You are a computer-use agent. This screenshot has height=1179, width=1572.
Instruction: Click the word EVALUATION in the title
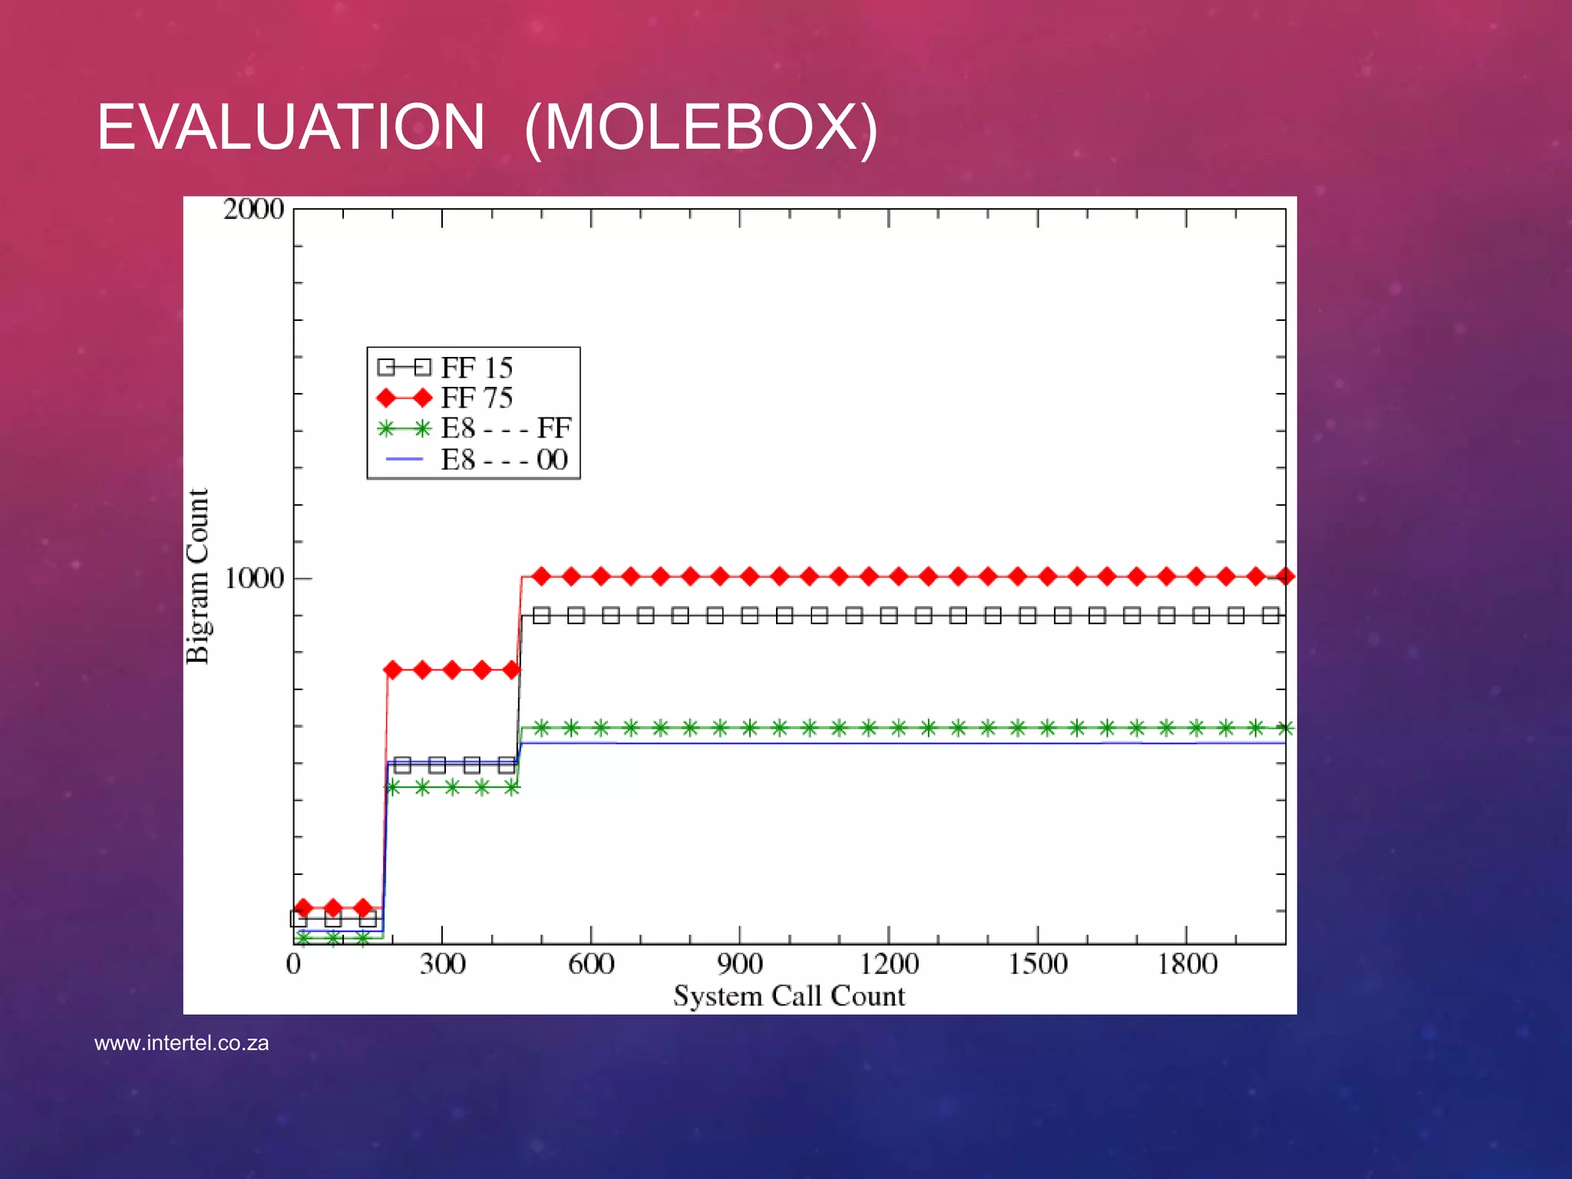(x=290, y=127)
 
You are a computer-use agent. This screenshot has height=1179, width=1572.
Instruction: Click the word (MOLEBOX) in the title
(x=701, y=127)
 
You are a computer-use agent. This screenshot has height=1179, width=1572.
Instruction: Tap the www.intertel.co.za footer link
(x=181, y=1043)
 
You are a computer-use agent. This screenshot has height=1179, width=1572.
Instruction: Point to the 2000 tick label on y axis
(x=253, y=209)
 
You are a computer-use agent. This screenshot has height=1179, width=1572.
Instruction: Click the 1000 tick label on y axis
(x=254, y=578)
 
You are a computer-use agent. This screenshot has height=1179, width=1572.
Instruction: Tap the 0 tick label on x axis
(x=293, y=963)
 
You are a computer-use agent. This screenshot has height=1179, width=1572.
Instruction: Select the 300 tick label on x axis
(x=442, y=963)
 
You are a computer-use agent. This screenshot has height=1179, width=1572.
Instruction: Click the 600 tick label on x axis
(x=591, y=963)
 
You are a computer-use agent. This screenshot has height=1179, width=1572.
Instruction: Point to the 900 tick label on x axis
(x=740, y=963)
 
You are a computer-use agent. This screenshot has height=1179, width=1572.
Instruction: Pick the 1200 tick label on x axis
(x=889, y=963)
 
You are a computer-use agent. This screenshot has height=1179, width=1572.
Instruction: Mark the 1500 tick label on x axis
(x=1038, y=963)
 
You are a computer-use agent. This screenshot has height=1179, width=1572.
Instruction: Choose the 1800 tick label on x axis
(x=1187, y=963)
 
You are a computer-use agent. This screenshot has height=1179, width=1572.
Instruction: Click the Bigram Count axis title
(x=198, y=576)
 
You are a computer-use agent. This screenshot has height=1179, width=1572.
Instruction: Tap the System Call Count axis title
(x=789, y=996)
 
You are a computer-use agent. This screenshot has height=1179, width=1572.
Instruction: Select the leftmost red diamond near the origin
(x=303, y=908)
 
